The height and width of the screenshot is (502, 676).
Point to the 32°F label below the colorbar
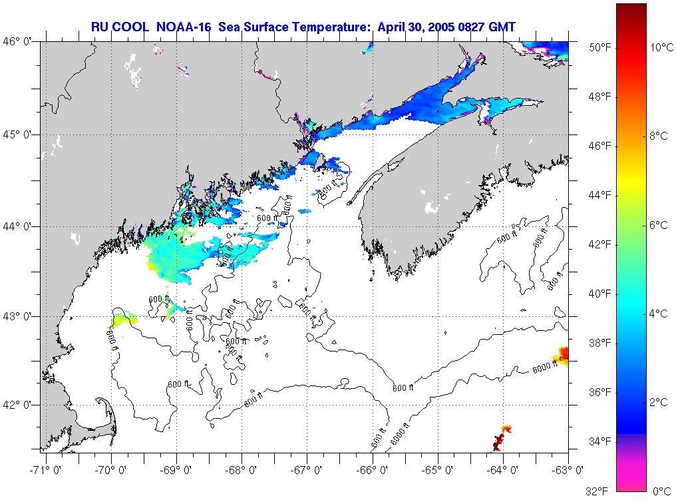(597, 491)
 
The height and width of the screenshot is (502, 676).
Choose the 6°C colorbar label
(659, 225)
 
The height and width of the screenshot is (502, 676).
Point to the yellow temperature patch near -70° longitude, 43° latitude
(121, 321)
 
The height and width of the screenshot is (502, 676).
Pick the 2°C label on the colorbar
(659, 402)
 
